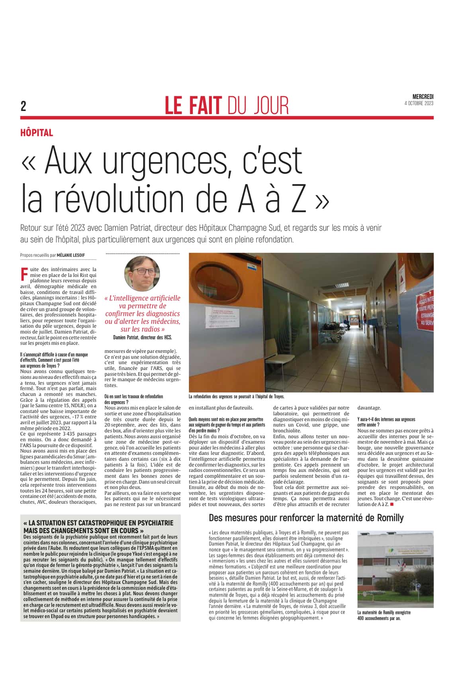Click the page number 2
click(23, 106)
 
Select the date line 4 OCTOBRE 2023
click(419, 103)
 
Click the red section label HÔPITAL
click(37, 133)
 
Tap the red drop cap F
click(23, 274)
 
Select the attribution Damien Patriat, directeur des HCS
click(142, 337)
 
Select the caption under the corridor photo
click(237, 397)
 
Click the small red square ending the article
click(392, 505)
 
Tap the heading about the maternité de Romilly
click(306, 518)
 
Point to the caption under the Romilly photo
click(384, 616)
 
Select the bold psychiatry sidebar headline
click(98, 526)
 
